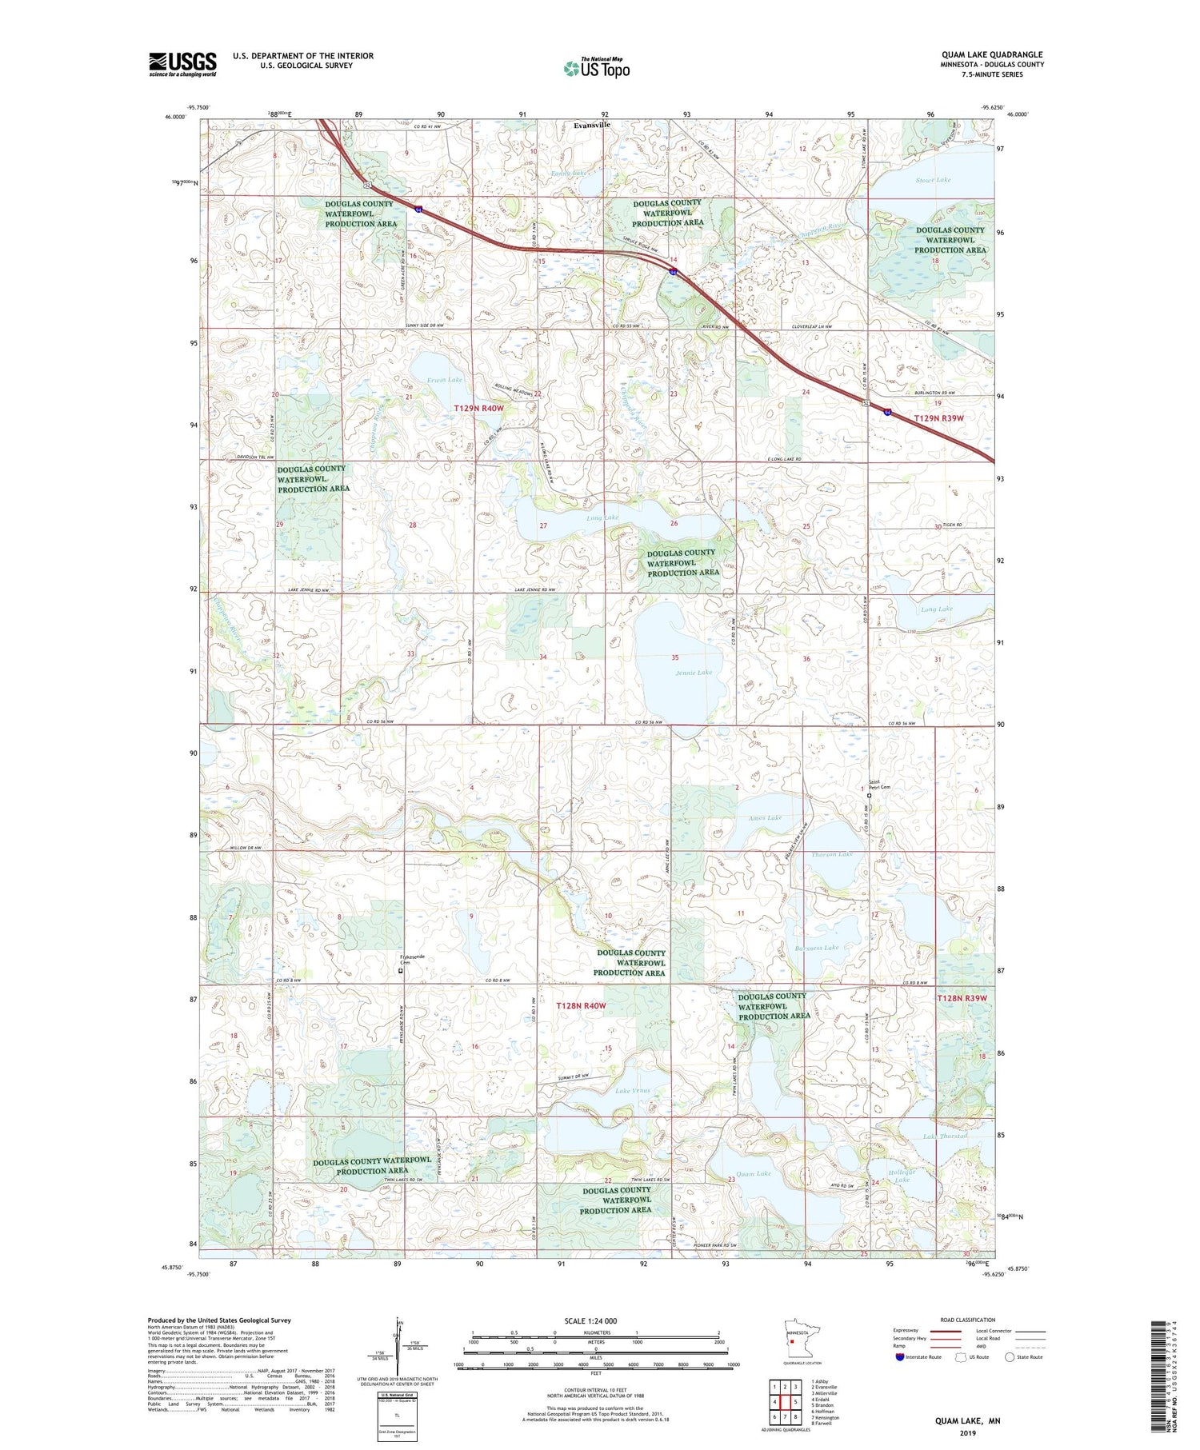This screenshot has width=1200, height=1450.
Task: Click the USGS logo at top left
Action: tap(182, 64)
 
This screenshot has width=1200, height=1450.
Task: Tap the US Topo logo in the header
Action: tap(597, 69)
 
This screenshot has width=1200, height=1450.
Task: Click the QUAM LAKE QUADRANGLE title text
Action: tap(992, 55)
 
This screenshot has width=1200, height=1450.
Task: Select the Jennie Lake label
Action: tap(693, 673)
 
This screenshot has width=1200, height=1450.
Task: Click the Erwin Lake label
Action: tap(445, 379)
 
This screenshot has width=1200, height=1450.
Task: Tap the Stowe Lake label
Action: tap(933, 180)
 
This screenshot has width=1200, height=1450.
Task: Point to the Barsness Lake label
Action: tap(816, 947)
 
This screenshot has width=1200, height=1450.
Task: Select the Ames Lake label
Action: tap(765, 817)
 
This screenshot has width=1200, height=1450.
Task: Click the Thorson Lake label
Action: tap(832, 854)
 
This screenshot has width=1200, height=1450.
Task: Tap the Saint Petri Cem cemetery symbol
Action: tap(870, 795)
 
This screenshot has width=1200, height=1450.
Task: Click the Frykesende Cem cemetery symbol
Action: tap(401, 971)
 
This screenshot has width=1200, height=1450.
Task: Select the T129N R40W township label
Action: tap(479, 409)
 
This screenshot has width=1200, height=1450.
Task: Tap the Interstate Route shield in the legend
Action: tap(900, 1357)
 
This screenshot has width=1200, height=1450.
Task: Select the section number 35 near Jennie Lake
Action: tap(675, 657)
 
